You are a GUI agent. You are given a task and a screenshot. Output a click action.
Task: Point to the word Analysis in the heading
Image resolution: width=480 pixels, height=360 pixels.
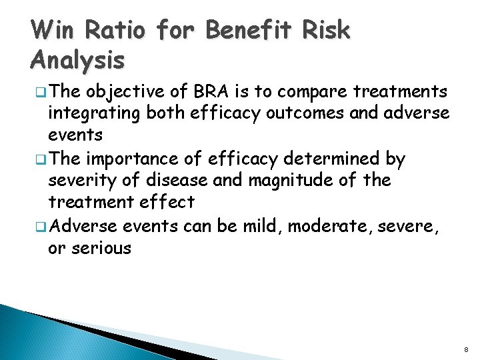click(x=77, y=61)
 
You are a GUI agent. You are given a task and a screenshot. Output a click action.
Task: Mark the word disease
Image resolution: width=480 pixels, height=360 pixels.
click(x=170, y=180)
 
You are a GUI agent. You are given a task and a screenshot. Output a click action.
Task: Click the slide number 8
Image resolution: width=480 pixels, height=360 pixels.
click(x=467, y=348)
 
